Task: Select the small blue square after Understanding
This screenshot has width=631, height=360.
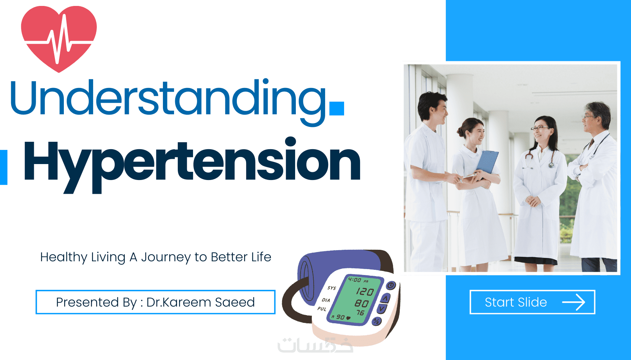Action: [337, 108]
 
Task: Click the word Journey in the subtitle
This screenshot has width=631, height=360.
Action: [166, 258]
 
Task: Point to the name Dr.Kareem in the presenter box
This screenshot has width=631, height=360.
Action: [179, 302]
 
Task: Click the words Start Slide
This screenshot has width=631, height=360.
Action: [516, 302]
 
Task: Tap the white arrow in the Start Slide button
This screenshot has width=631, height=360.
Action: [573, 302]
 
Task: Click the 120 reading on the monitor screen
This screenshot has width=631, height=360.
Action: [364, 291]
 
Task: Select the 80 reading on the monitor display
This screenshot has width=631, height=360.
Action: [362, 303]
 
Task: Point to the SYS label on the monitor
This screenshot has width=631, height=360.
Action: [331, 288]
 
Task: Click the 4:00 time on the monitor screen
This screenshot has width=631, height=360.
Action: [354, 280]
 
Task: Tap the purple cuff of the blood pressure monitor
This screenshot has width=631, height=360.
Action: [338, 271]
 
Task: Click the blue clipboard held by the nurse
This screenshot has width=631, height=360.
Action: [487, 162]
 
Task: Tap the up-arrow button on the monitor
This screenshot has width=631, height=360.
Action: [386, 298]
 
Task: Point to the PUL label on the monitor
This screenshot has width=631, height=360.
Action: [322, 309]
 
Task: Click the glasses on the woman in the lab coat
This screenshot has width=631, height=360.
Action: [539, 128]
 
